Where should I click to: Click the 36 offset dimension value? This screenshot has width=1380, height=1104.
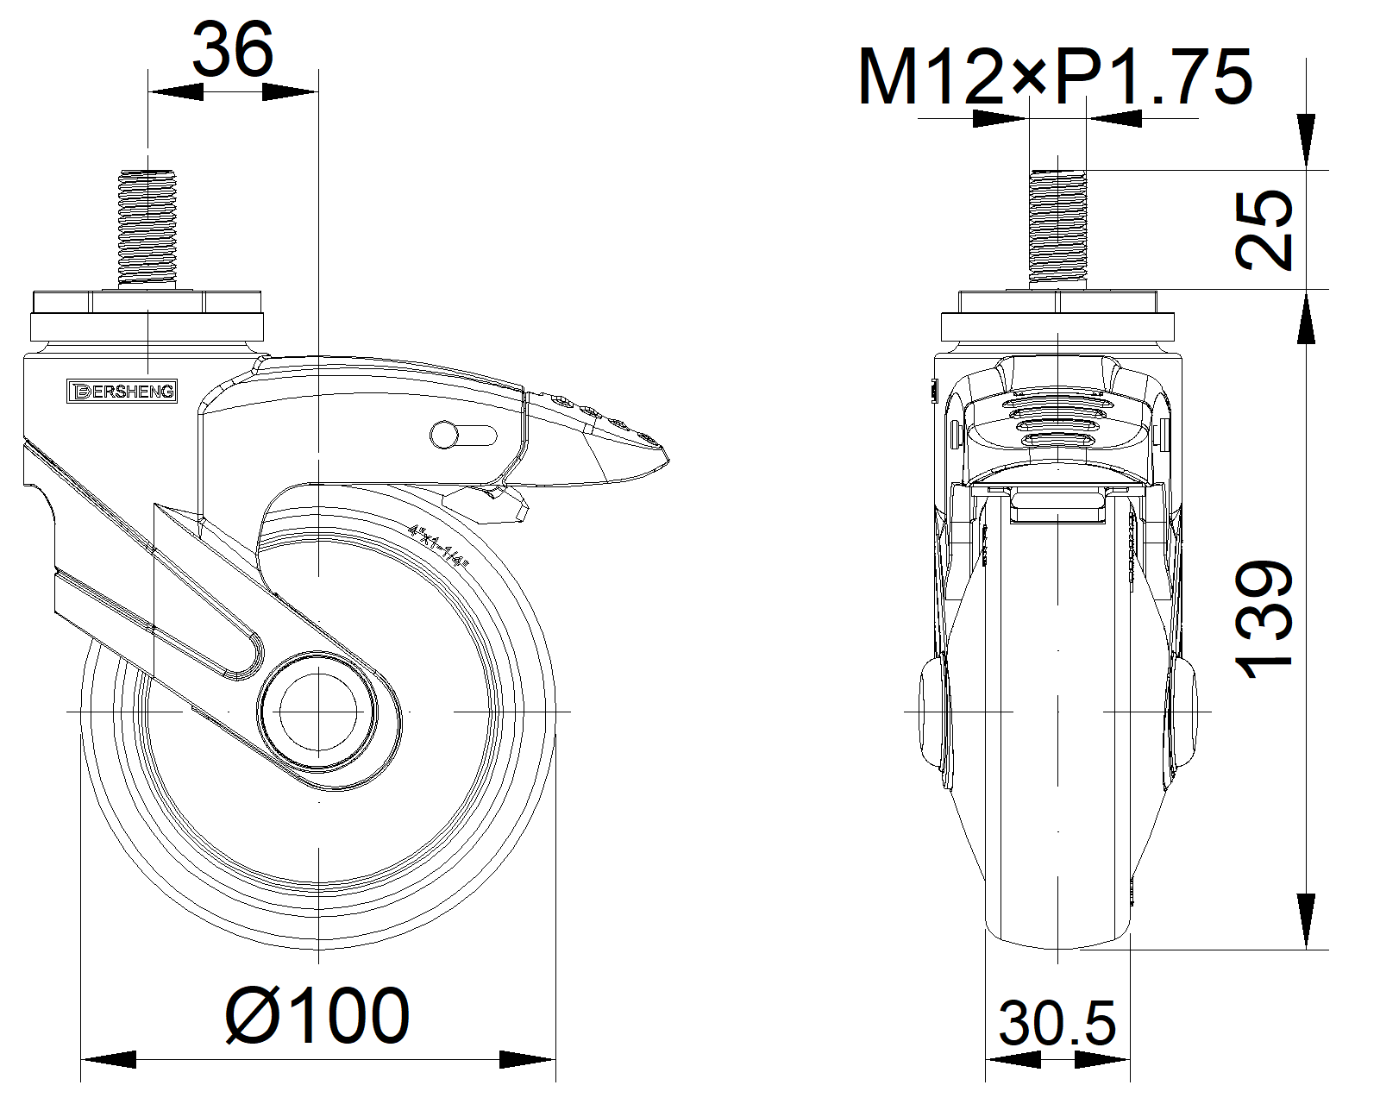pos(233,49)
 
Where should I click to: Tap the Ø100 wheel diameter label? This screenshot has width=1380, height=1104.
pos(317,1015)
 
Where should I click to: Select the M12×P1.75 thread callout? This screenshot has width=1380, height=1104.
pos(1055,77)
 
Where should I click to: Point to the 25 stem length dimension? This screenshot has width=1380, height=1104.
pos(1264,229)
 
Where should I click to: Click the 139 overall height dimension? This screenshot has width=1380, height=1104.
pos(1264,619)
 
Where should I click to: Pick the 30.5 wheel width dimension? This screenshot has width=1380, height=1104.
pos(1057,1024)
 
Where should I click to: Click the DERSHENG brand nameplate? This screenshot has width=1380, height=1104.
pos(122,392)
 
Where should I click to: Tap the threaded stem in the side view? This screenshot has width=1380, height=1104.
pos(147,229)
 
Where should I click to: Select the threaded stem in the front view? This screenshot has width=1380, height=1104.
pos(1057,229)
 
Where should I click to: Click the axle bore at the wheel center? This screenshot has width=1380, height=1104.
pos(319,712)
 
